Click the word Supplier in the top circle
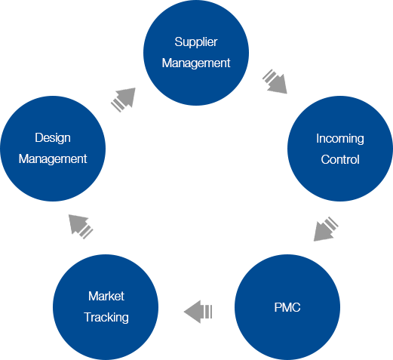[196, 42]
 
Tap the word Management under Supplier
[196, 63]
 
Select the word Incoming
[340, 139]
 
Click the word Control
[340, 159]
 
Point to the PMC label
[287, 307]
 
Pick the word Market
[106, 296]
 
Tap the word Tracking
[106, 318]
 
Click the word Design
[53, 138]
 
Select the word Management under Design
[53, 159]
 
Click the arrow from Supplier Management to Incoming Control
[275, 82]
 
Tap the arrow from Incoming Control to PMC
[326, 229]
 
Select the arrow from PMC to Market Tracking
[198, 312]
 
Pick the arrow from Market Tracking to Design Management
[81, 226]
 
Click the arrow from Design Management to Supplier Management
[123, 100]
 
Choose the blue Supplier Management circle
[196, 53]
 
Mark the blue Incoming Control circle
[340, 149]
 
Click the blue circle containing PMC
[287, 307]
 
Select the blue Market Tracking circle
[106, 307]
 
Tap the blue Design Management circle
[53, 149]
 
